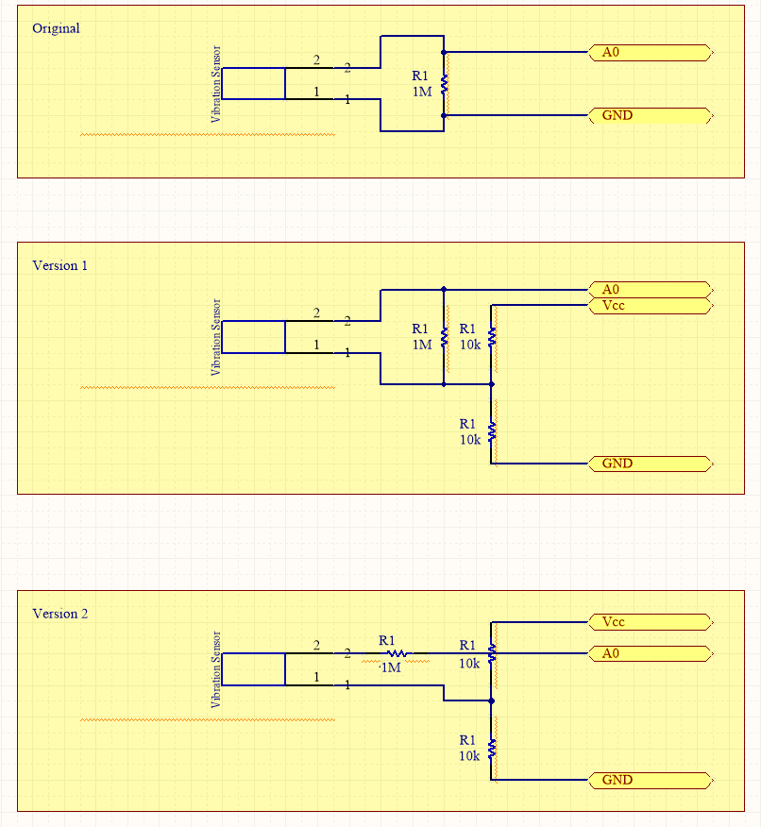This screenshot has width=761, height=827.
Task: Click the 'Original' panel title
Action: [56, 28]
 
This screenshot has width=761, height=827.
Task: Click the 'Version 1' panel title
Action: [59, 266]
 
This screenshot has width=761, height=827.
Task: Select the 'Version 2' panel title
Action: [59, 614]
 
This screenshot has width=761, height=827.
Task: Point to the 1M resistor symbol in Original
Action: [444, 84]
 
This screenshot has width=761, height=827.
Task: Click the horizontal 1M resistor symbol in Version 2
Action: [397, 653]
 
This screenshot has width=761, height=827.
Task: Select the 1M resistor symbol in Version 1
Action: [444, 336]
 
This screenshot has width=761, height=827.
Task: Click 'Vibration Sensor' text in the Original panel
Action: [216, 84]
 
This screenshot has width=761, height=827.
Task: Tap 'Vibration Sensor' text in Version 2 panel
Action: [216, 669]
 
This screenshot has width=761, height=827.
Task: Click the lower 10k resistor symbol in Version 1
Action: [492, 431]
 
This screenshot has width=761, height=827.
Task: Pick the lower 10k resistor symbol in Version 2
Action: [492, 748]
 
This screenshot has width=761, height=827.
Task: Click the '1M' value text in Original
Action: [421, 92]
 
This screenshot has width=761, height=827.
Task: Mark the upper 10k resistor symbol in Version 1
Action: [492, 336]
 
